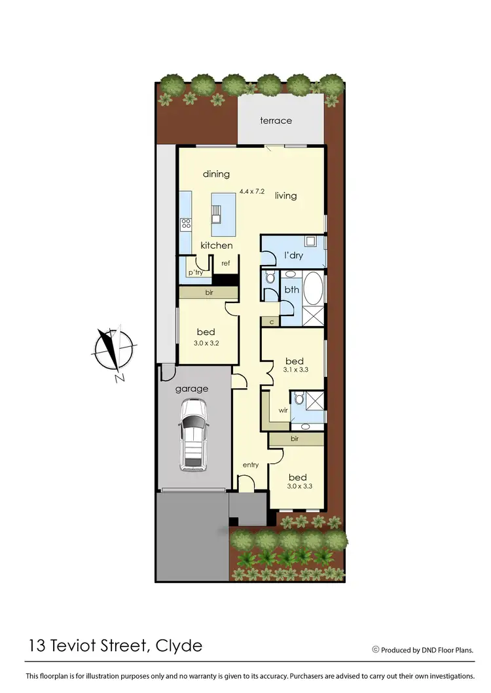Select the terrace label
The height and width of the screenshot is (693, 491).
click(276, 120)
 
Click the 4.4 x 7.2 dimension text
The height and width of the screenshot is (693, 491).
click(252, 191)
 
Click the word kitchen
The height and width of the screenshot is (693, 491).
click(217, 245)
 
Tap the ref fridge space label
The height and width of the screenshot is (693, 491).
click(225, 263)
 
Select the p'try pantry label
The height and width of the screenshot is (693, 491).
click(195, 272)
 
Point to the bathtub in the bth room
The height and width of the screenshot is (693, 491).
click(313, 289)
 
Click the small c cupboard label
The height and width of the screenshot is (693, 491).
click(270, 322)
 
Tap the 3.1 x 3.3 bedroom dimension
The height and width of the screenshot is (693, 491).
click(295, 370)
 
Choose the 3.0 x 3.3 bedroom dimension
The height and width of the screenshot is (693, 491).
click(297, 486)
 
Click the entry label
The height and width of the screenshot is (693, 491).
click(251, 465)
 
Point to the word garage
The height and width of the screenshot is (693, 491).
click(191, 389)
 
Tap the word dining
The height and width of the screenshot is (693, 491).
click(216, 174)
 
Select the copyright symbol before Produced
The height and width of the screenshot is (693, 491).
click(376, 650)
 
